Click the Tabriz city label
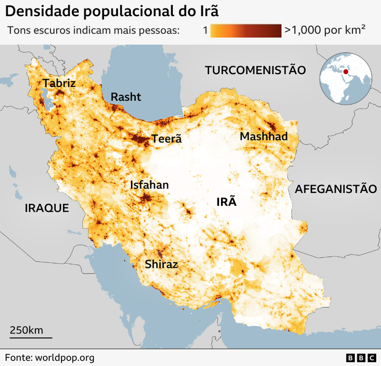[59, 83]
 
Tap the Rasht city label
[126, 97]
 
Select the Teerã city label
[166, 139]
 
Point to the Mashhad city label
[263, 136]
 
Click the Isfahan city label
[149, 185]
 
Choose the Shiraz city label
[161, 264]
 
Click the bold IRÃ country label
[226, 201]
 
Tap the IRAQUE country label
[47, 208]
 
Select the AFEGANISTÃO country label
[336, 189]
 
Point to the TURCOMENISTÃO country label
[255, 70]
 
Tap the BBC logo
[360, 358]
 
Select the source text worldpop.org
[64, 358]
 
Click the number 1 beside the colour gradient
[205, 30]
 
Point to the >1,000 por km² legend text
[324, 30]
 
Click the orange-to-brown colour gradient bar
[246, 30]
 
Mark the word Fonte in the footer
[18, 358]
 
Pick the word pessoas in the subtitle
[159, 30]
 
